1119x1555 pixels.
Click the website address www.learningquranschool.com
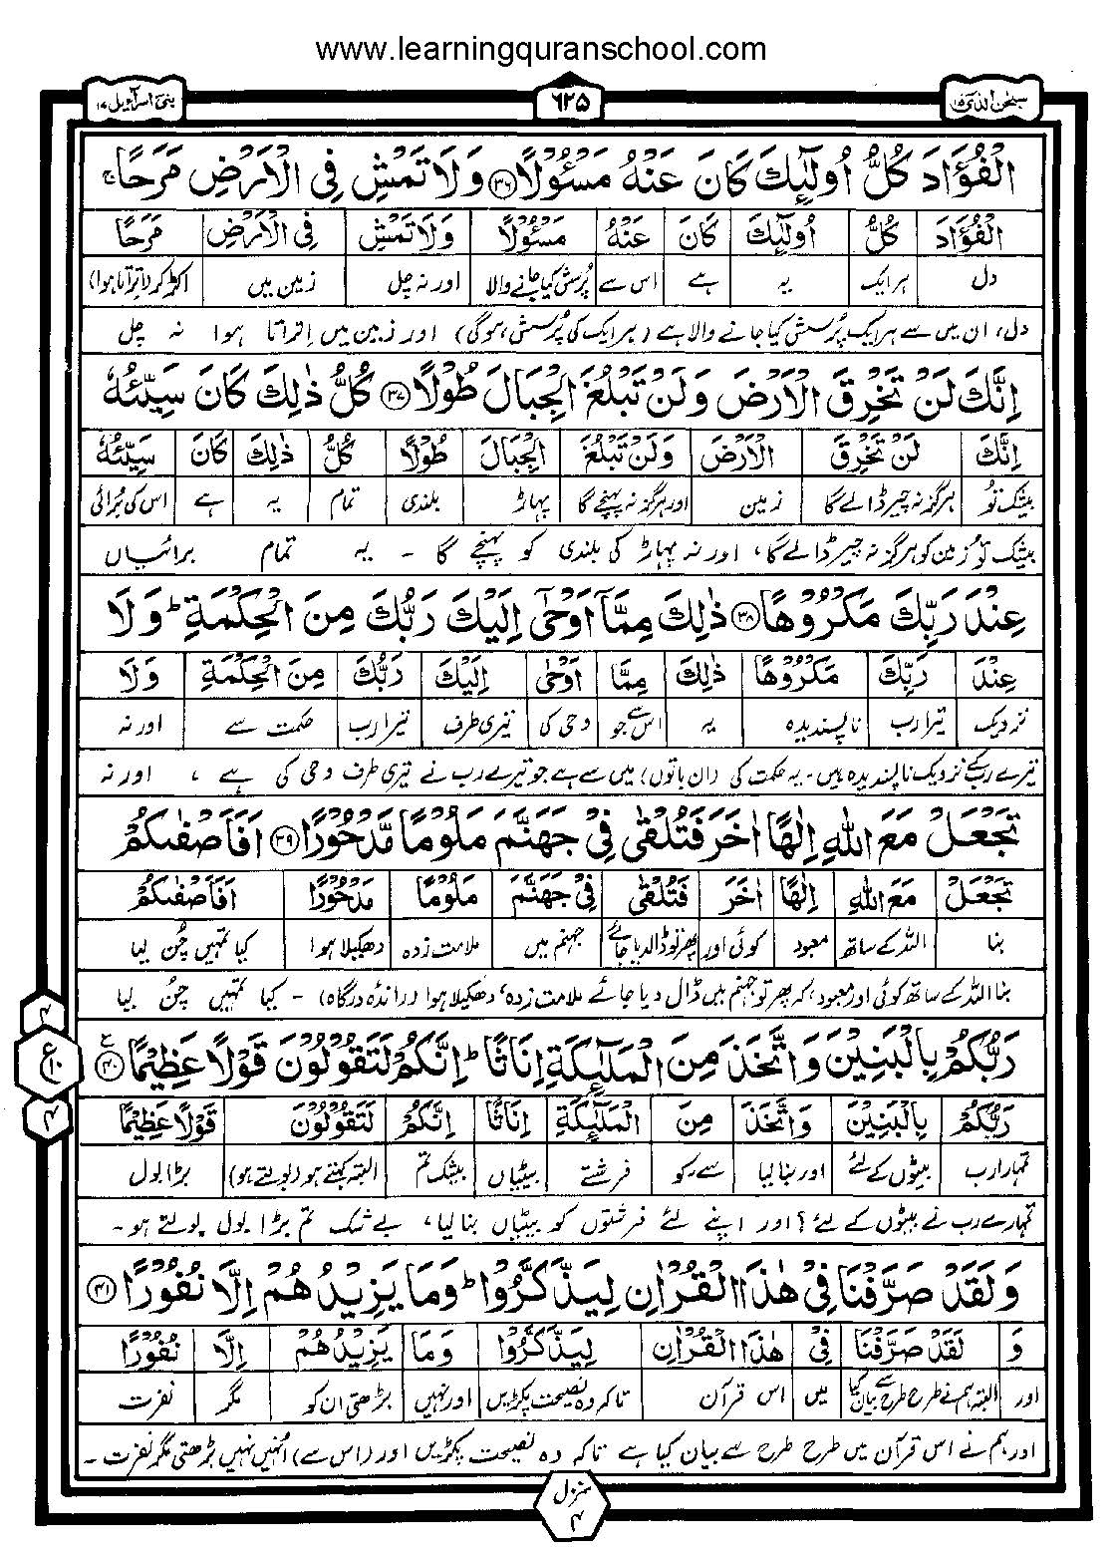541,49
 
